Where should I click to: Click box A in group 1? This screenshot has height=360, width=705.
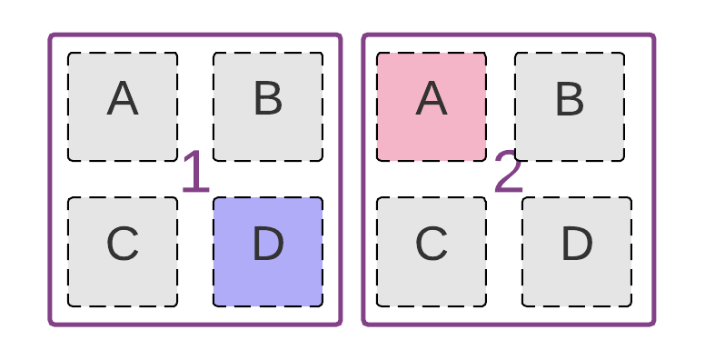[123, 107]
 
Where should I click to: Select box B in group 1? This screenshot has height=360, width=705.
[268, 107]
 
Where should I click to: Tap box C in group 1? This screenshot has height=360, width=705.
[123, 252]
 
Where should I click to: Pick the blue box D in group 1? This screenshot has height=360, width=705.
[268, 252]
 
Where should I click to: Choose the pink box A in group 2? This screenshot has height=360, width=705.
[432, 107]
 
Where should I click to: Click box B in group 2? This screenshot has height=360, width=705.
[570, 107]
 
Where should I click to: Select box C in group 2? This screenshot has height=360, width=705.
[432, 252]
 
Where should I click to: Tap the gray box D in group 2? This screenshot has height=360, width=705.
[577, 252]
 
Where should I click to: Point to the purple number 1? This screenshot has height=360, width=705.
[195, 173]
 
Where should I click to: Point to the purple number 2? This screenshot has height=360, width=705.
[509, 173]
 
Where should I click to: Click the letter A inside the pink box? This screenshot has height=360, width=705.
[432, 99]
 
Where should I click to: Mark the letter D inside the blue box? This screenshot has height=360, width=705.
[268, 244]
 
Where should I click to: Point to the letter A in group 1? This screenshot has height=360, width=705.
[123, 99]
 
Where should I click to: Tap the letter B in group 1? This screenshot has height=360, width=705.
[268, 99]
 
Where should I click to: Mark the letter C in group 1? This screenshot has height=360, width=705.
[123, 244]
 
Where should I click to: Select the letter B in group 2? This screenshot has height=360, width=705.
[570, 99]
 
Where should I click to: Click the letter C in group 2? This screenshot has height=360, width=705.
[432, 244]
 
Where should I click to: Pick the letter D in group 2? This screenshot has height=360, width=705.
[577, 244]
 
